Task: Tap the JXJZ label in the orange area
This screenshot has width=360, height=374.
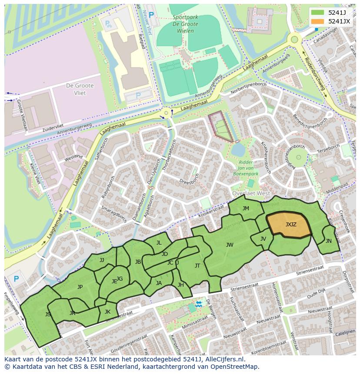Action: pos(291,225)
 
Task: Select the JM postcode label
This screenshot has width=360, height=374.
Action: pos(246,209)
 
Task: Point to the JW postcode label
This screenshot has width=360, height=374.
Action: pos(230,245)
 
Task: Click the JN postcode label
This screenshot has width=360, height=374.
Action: pos(328,241)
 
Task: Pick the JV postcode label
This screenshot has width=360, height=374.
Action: pos(263,239)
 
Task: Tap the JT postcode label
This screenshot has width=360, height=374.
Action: pos(197,266)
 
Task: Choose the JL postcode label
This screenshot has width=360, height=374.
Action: pos(159,243)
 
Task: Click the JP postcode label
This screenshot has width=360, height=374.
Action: pos(80,287)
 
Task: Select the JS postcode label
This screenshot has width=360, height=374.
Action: pos(48,314)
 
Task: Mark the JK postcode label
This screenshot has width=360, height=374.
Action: pos(107,311)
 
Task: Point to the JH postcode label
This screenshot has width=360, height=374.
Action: pos(181,285)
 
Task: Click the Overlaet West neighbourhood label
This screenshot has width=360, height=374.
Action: pos(251,193)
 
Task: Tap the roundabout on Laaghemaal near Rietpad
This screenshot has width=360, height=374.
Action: pos(166,114)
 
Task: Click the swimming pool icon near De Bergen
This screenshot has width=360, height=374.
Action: pos(199,304)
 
